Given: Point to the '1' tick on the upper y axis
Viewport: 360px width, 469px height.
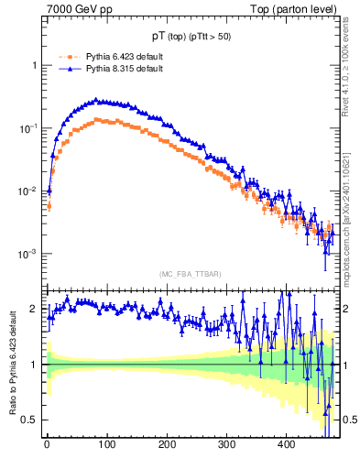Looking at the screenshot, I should pos(34,66).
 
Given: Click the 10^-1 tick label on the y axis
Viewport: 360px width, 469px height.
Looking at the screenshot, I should pos(29,128).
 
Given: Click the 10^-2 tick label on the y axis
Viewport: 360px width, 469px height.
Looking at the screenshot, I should pos(29,191).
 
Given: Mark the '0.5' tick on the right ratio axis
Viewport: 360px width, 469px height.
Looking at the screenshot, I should pos(349,420).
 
